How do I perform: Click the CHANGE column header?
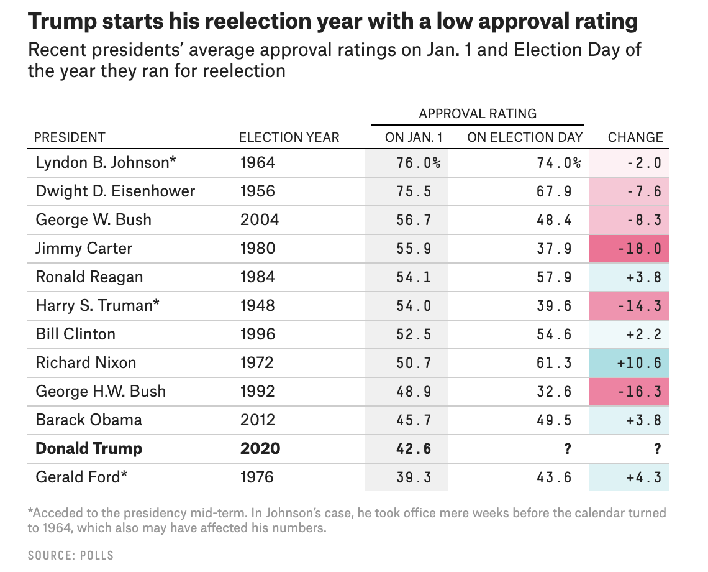pyautogui.click(x=635, y=137)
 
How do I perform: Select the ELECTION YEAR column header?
pyautogui.click(x=289, y=137)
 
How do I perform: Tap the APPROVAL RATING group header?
pyautogui.click(x=478, y=114)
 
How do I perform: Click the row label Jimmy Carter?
pyautogui.click(x=84, y=249)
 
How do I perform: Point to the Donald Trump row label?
pyautogui.click(x=89, y=448)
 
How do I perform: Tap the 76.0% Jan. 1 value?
pyautogui.click(x=418, y=163)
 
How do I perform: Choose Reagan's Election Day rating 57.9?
pyautogui.click(x=554, y=277)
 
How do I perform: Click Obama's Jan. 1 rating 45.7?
pyautogui.click(x=414, y=420)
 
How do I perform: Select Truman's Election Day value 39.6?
pyautogui.click(x=554, y=306)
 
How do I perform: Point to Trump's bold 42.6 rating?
pyautogui.click(x=414, y=449)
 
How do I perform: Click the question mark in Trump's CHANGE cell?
pyautogui.click(x=658, y=449)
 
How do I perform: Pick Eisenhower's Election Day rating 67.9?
pyautogui.click(x=554, y=191)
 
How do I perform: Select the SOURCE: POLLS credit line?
pyautogui.click(x=71, y=555)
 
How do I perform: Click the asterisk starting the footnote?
pyautogui.click(x=30, y=513)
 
